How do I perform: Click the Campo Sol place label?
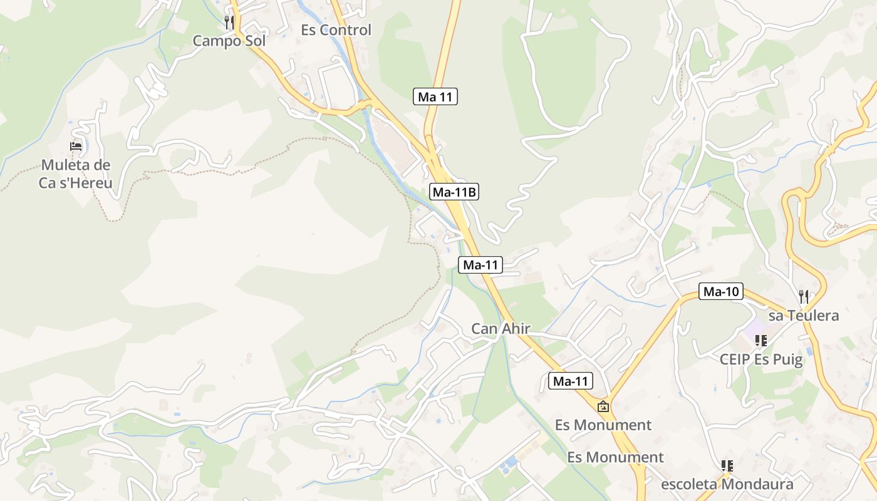[229, 41]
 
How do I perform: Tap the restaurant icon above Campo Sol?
[229, 23]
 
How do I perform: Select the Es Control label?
[336, 30]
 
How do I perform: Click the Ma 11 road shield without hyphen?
[436, 96]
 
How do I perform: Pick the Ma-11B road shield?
[454, 192]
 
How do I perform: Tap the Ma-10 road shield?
[721, 291]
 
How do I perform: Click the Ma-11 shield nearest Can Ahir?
[480, 265]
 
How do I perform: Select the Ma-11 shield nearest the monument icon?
[571, 381]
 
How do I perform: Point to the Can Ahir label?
[501, 329]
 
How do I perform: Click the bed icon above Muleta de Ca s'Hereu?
[76, 147]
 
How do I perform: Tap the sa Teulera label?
[804, 316]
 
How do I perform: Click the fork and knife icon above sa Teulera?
[804, 296]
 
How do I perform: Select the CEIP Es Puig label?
[761, 359]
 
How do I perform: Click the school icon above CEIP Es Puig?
[761, 341]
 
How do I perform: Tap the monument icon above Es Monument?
[603, 406]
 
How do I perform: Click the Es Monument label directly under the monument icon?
[603, 425]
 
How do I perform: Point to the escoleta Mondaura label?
[727, 484]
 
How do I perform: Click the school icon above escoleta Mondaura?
[727, 465]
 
